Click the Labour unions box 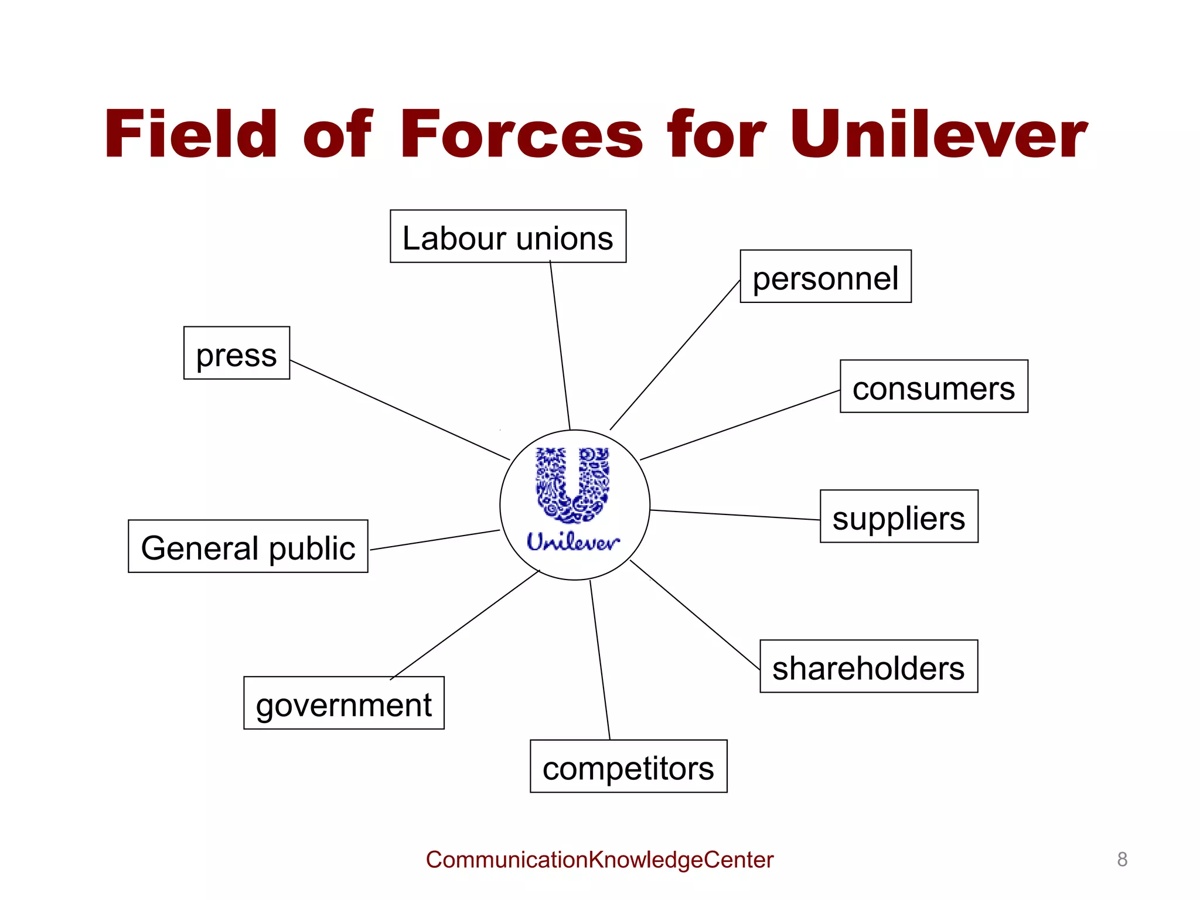coord(508,237)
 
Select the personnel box coord(826,277)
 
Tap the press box coord(237,353)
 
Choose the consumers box coord(934,387)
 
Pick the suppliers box coord(899,517)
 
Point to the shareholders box coord(868,667)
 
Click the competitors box coord(628,766)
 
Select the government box coord(344,703)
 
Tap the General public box coord(248,547)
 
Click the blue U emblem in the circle coord(573,485)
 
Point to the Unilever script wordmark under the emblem coord(573,542)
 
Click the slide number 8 coord(1122,860)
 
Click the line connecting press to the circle coord(400,410)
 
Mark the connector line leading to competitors coord(600,660)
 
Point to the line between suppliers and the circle coord(735,515)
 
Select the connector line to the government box coord(465,624)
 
